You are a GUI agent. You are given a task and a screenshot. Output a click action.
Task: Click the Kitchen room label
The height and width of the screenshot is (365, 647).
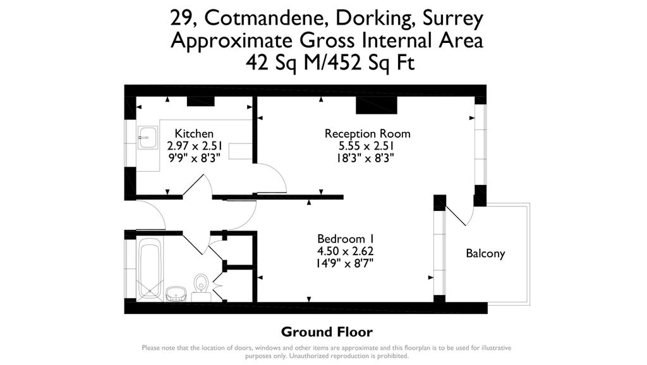(x=194, y=134)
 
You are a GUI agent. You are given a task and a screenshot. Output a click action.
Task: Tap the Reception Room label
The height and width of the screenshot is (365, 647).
(x=367, y=134)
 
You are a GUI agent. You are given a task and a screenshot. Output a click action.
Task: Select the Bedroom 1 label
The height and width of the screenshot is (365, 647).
(x=346, y=239)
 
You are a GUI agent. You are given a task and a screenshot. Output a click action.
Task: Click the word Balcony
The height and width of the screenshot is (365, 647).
(x=485, y=254)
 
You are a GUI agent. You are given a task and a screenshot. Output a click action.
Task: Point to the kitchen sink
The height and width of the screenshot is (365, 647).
(x=148, y=137)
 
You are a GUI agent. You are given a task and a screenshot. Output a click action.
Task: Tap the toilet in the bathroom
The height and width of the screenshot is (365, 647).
(x=202, y=285)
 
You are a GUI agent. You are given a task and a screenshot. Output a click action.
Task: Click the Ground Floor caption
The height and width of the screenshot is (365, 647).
(x=327, y=332)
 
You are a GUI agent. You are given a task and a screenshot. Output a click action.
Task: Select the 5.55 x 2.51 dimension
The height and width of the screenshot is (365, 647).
(x=366, y=146)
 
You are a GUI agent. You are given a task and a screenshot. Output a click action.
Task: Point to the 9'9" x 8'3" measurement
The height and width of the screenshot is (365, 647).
(x=193, y=158)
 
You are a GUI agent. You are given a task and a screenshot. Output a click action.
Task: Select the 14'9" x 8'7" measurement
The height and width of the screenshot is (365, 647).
(x=346, y=263)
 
